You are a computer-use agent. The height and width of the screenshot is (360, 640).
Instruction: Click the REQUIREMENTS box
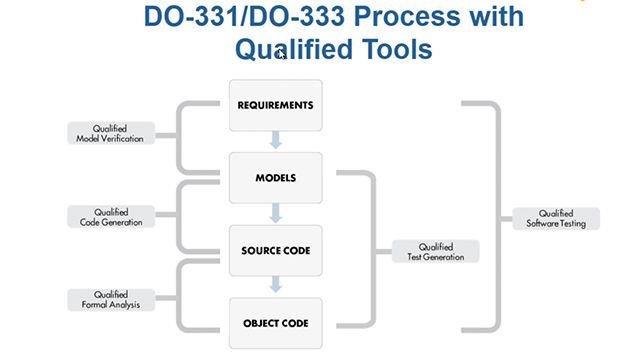tap(275, 105)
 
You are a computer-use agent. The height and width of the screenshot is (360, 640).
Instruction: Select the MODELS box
tap(275, 178)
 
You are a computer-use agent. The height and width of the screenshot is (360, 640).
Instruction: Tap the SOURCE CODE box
tap(275, 250)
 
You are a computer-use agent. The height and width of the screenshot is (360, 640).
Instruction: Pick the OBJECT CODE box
tap(275, 322)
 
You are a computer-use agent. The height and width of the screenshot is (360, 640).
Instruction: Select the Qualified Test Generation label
tap(436, 251)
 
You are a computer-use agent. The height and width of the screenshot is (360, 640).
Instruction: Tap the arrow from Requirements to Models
tap(275, 141)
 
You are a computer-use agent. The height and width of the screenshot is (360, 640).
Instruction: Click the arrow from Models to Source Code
tap(275, 214)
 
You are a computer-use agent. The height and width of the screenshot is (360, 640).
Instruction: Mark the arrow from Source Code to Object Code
tap(275, 286)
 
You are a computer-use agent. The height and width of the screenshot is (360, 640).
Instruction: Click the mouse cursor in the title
tap(282, 54)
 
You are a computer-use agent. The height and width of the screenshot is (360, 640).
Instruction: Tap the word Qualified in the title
tap(287, 48)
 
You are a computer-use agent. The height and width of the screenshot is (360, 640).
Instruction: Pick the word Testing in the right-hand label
tap(571, 223)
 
